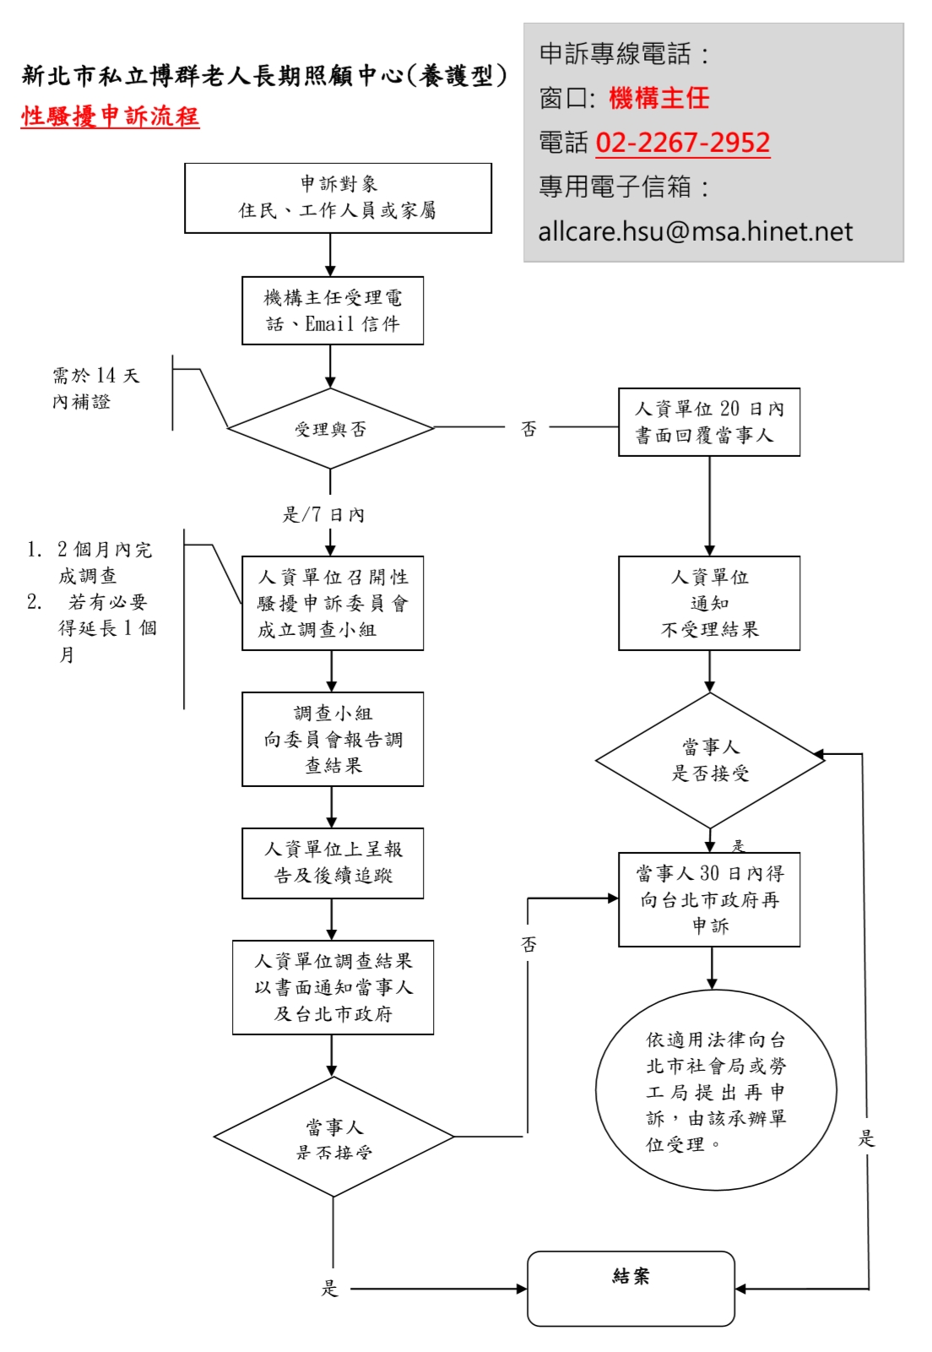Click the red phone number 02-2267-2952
tap(682, 143)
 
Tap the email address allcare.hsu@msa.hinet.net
tap(696, 231)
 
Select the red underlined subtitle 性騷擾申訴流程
tap(110, 117)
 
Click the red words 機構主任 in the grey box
tap(658, 98)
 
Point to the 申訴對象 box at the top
tap(338, 198)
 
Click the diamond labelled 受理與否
tap(330, 429)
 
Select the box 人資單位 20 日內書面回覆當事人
tap(709, 422)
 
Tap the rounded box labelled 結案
tap(631, 1288)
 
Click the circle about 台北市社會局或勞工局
tap(716, 1090)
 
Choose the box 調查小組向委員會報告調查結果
tap(333, 739)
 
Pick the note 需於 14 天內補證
tap(95, 388)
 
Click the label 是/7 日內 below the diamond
tap(323, 514)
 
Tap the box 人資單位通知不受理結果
tap(709, 603)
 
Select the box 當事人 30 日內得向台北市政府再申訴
tap(709, 899)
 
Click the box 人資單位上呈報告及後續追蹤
tap(333, 862)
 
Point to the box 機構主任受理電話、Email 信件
tap(333, 311)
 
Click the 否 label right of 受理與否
tap(528, 429)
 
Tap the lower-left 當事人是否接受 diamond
tap(333, 1137)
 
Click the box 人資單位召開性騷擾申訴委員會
tap(333, 603)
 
